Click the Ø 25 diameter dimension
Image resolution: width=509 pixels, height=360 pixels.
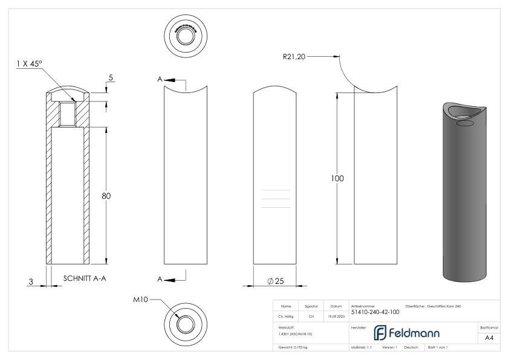point(275,281)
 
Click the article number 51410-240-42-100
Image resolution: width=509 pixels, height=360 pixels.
point(375,312)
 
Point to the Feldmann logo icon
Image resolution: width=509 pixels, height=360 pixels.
point(381,333)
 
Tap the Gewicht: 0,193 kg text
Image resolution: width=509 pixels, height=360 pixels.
point(294,349)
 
